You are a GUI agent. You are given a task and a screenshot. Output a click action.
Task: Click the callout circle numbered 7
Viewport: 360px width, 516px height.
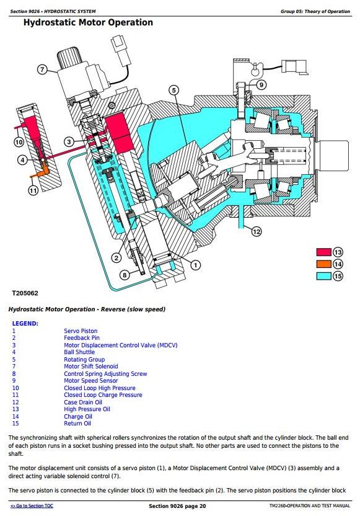pyautogui.click(x=42, y=69)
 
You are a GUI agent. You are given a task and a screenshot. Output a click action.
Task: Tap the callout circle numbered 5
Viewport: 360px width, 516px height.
pyautogui.click(x=174, y=90)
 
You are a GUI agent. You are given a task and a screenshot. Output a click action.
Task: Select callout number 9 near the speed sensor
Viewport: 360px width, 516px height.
pyautogui.click(x=261, y=85)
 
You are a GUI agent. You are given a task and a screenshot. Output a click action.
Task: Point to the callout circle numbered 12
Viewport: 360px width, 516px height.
pyautogui.click(x=257, y=232)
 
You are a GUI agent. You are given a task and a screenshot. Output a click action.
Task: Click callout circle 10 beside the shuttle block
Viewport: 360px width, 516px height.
pyautogui.click(x=19, y=142)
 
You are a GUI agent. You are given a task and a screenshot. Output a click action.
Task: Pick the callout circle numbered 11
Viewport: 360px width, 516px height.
pyautogui.click(x=33, y=190)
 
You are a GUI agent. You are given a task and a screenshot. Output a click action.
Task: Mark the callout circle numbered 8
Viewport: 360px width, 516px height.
pyautogui.click(x=125, y=275)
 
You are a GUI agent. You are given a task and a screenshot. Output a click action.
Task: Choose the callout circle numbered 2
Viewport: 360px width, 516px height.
pyautogui.click(x=116, y=257)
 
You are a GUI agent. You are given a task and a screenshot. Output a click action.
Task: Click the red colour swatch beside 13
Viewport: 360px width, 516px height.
pyautogui.click(x=324, y=252)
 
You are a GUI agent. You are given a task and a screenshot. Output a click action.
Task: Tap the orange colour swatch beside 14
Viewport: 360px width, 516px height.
pyautogui.click(x=324, y=264)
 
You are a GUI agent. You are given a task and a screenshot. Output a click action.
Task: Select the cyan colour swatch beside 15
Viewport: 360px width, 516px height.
pyautogui.click(x=324, y=276)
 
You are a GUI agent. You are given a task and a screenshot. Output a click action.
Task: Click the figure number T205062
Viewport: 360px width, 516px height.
pyautogui.click(x=25, y=293)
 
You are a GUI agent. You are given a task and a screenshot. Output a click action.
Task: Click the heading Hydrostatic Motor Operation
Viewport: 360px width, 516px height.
pyautogui.click(x=88, y=22)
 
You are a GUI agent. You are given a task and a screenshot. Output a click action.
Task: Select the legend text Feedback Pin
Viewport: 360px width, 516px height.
pyautogui.click(x=82, y=337)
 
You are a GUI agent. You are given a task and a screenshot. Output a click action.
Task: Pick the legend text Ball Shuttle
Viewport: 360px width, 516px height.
pyautogui.click(x=79, y=352)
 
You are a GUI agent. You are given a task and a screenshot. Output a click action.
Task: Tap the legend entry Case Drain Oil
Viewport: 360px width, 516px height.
pyautogui.click(x=83, y=402)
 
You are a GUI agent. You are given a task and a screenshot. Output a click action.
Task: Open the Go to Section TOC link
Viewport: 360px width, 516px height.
pyautogui.click(x=32, y=505)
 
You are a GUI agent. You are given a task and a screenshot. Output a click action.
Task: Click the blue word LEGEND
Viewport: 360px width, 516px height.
pyautogui.click(x=25, y=324)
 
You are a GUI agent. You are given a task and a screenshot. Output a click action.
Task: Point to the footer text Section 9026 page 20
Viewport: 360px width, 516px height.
pyautogui.click(x=177, y=506)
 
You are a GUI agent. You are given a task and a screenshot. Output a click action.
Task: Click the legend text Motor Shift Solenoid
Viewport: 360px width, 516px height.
pyautogui.click(x=90, y=367)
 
